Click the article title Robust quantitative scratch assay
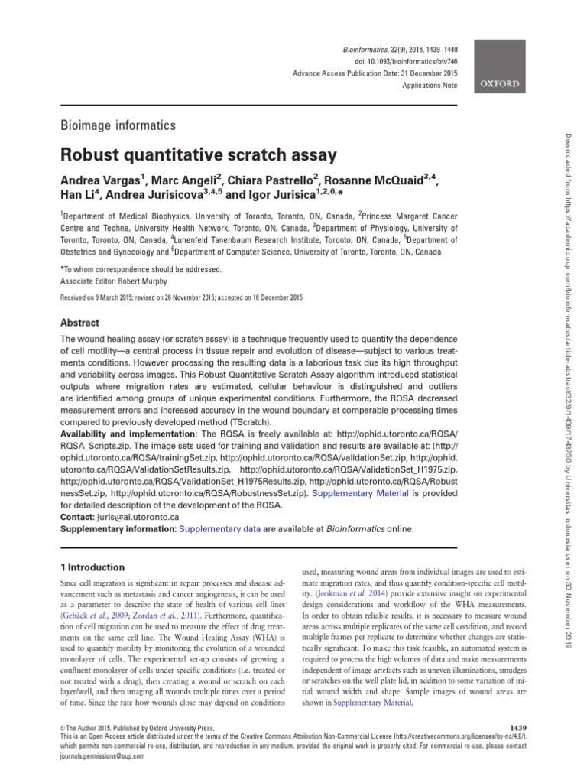198,155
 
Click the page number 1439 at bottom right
517,725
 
